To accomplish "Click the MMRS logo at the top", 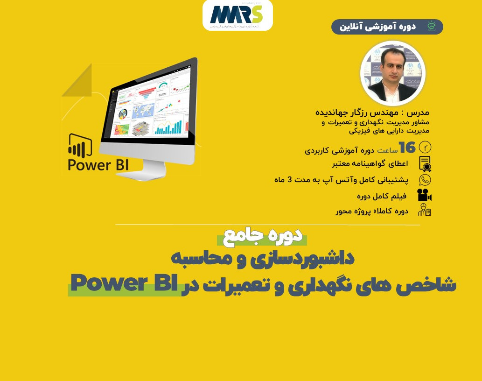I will coord(237,15).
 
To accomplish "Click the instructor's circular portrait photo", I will coord(392,73).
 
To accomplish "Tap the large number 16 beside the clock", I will coord(407,148).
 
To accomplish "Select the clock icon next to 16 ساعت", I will coord(425,147).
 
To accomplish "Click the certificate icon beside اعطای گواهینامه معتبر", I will coord(425,164).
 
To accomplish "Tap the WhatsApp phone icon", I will coord(425,180).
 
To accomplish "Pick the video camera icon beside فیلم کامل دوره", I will coord(424,195).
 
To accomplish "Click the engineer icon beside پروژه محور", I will coord(424,211).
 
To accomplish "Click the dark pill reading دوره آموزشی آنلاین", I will coord(387,27).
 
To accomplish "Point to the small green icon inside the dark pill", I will coord(432,26).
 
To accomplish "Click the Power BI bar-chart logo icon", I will coord(80,145).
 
